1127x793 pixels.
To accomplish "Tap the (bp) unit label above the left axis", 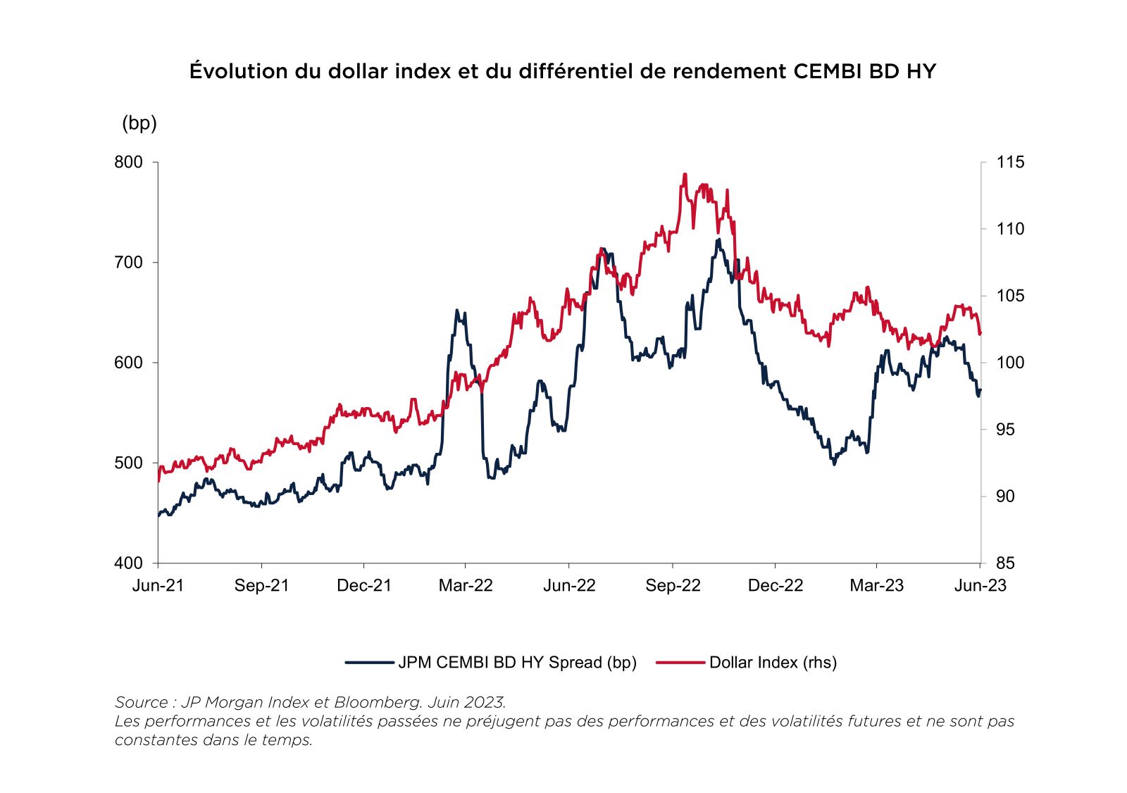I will (139, 123).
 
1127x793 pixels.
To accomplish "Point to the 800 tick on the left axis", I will (128, 162).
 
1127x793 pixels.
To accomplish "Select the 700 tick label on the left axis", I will (128, 263).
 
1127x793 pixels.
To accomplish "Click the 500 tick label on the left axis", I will (128, 463).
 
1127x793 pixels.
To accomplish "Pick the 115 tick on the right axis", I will (1010, 162).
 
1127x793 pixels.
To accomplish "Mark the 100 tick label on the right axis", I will (1010, 363).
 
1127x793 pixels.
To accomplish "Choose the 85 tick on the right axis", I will (1005, 563).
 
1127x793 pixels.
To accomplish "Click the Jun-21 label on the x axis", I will (158, 586).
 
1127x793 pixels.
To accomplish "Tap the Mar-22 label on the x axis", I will (466, 586).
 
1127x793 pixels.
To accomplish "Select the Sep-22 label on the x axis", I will (673, 586).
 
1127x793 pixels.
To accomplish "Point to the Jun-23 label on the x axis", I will (980, 586).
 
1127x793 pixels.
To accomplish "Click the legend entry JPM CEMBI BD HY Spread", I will (517, 663).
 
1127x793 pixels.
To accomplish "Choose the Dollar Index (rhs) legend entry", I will (773, 663).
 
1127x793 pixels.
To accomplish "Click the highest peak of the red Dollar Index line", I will (684, 175).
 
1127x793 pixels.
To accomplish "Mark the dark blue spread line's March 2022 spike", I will (457, 311).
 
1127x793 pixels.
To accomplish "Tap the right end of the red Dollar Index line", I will (980, 334).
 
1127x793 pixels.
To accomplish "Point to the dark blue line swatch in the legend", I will (369, 663).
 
